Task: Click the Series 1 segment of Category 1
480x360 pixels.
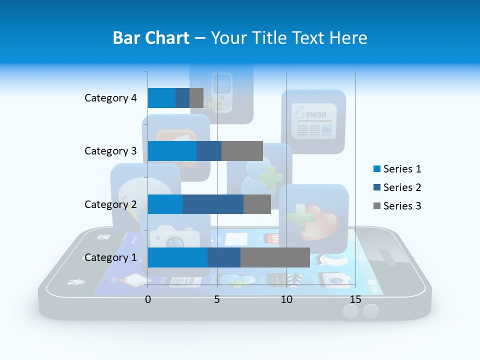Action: pos(177,257)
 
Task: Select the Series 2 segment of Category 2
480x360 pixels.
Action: pos(213,204)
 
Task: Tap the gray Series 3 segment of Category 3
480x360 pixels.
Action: pos(242,151)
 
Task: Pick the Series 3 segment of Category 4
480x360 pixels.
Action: pos(196,98)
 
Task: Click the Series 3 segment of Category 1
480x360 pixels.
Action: pos(275,257)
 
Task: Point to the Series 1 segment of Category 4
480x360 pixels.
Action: pos(161,98)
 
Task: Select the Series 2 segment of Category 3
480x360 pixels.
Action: pos(209,151)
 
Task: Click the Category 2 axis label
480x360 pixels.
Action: pos(110,204)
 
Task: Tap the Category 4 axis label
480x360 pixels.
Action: pos(110,98)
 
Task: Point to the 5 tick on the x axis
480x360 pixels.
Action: pos(217,299)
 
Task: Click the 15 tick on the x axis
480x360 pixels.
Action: pos(355,299)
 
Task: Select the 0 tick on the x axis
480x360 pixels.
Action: pos(148,299)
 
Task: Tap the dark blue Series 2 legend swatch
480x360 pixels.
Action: pos(376,187)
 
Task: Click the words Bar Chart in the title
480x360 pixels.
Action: pos(151,38)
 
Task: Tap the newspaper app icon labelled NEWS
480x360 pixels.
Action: pos(313,121)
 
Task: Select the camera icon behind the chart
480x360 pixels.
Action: pos(174,237)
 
